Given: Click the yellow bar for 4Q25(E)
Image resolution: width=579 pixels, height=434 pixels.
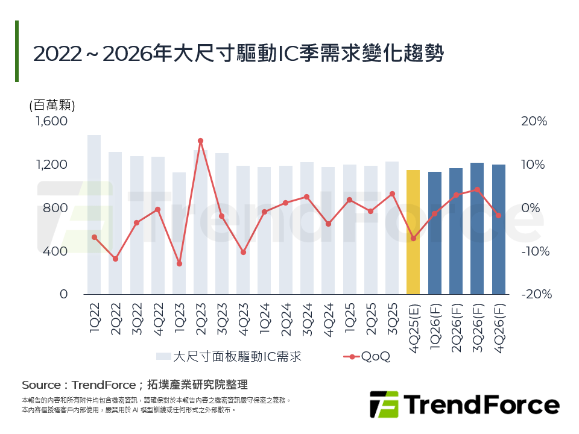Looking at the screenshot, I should pos(413,232).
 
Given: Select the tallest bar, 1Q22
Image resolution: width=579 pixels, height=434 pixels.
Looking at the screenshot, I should pos(94,214).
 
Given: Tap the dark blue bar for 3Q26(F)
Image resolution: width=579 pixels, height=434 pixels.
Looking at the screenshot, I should pos(477,228).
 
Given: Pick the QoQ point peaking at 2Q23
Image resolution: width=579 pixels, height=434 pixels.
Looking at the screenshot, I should pos(200,141).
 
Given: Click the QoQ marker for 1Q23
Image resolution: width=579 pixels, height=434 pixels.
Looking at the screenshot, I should pos(179,264).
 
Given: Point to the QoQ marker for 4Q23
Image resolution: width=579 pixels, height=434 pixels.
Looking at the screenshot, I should pos(243,252).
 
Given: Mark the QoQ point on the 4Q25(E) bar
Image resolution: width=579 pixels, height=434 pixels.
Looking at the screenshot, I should pos(413,238).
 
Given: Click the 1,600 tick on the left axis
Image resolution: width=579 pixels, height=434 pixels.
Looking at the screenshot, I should pos(52,121).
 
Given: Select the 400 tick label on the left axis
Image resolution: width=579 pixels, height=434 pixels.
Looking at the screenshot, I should pos(56,251).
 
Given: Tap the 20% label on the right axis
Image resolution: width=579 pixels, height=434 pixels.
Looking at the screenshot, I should pos(534,121).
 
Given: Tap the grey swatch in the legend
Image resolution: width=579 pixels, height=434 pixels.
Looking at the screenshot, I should pos(163,357).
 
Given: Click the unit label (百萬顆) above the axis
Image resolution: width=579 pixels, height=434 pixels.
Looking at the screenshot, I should pos(52,105).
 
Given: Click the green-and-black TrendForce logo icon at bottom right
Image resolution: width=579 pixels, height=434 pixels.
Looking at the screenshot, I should pos(384,404).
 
